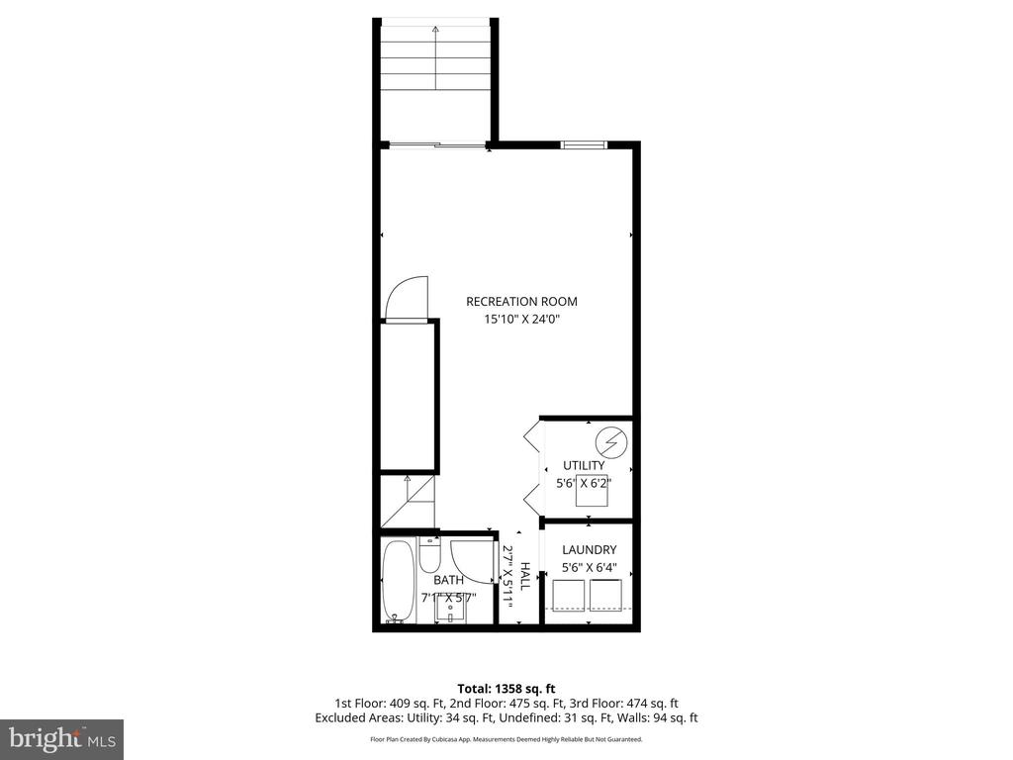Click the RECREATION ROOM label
[x=521, y=302]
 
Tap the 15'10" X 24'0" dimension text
[x=521, y=320]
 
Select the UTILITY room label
[x=584, y=466]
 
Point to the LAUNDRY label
[x=589, y=550]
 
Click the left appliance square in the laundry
[x=568, y=596]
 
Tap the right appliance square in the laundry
[x=605, y=596]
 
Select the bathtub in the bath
[x=398, y=581]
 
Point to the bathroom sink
[x=450, y=606]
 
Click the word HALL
[x=525, y=577]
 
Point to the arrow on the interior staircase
[x=407, y=482]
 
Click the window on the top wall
[x=583, y=145]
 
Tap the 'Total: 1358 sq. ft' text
[x=506, y=688]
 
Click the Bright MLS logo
[x=61, y=738]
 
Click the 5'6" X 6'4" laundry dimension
[x=589, y=568]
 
